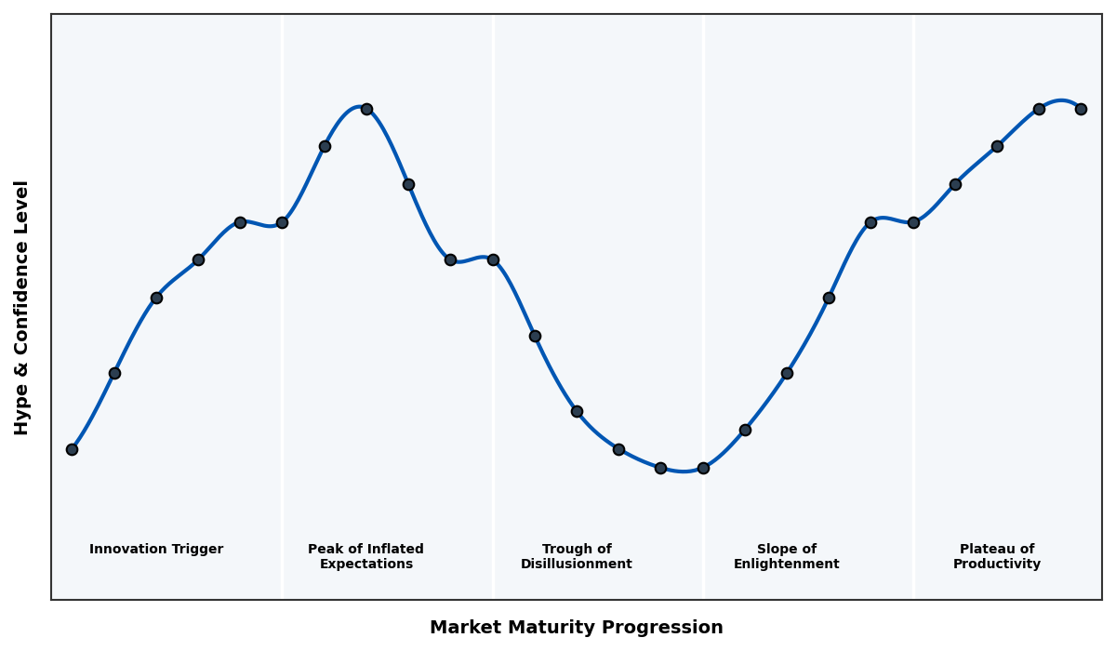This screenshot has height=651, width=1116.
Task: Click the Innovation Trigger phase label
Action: (156, 550)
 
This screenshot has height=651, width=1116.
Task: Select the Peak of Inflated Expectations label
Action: (365, 556)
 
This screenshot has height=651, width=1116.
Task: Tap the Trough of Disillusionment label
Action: (576, 556)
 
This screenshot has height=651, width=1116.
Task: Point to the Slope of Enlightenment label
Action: (786, 556)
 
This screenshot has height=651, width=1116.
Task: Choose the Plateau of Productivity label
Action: (996, 556)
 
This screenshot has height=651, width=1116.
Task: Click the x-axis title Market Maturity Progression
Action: (576, 628)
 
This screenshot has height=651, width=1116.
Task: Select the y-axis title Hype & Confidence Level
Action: (22, 307)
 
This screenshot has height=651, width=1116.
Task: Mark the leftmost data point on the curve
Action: (72, 449)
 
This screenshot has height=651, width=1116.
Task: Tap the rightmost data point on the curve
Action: (1081, 109)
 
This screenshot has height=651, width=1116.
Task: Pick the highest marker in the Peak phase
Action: (366, 109)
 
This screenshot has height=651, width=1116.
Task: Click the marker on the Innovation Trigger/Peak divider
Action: (282, 222)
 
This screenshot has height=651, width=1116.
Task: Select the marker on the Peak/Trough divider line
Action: (493, 259)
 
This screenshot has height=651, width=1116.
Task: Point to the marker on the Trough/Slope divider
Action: (703, 468)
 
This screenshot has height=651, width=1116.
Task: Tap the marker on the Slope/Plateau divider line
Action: (913, 222)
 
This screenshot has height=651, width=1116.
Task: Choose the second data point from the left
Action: (114, 373)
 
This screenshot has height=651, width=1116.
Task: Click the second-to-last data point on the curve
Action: (1039, 109)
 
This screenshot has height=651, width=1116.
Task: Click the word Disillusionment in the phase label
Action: (576, 565)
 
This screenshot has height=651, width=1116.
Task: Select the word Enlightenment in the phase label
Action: (786, 565)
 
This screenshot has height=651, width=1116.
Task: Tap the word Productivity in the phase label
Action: (996, 565)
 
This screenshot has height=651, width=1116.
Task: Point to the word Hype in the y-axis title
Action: (22, 415)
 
